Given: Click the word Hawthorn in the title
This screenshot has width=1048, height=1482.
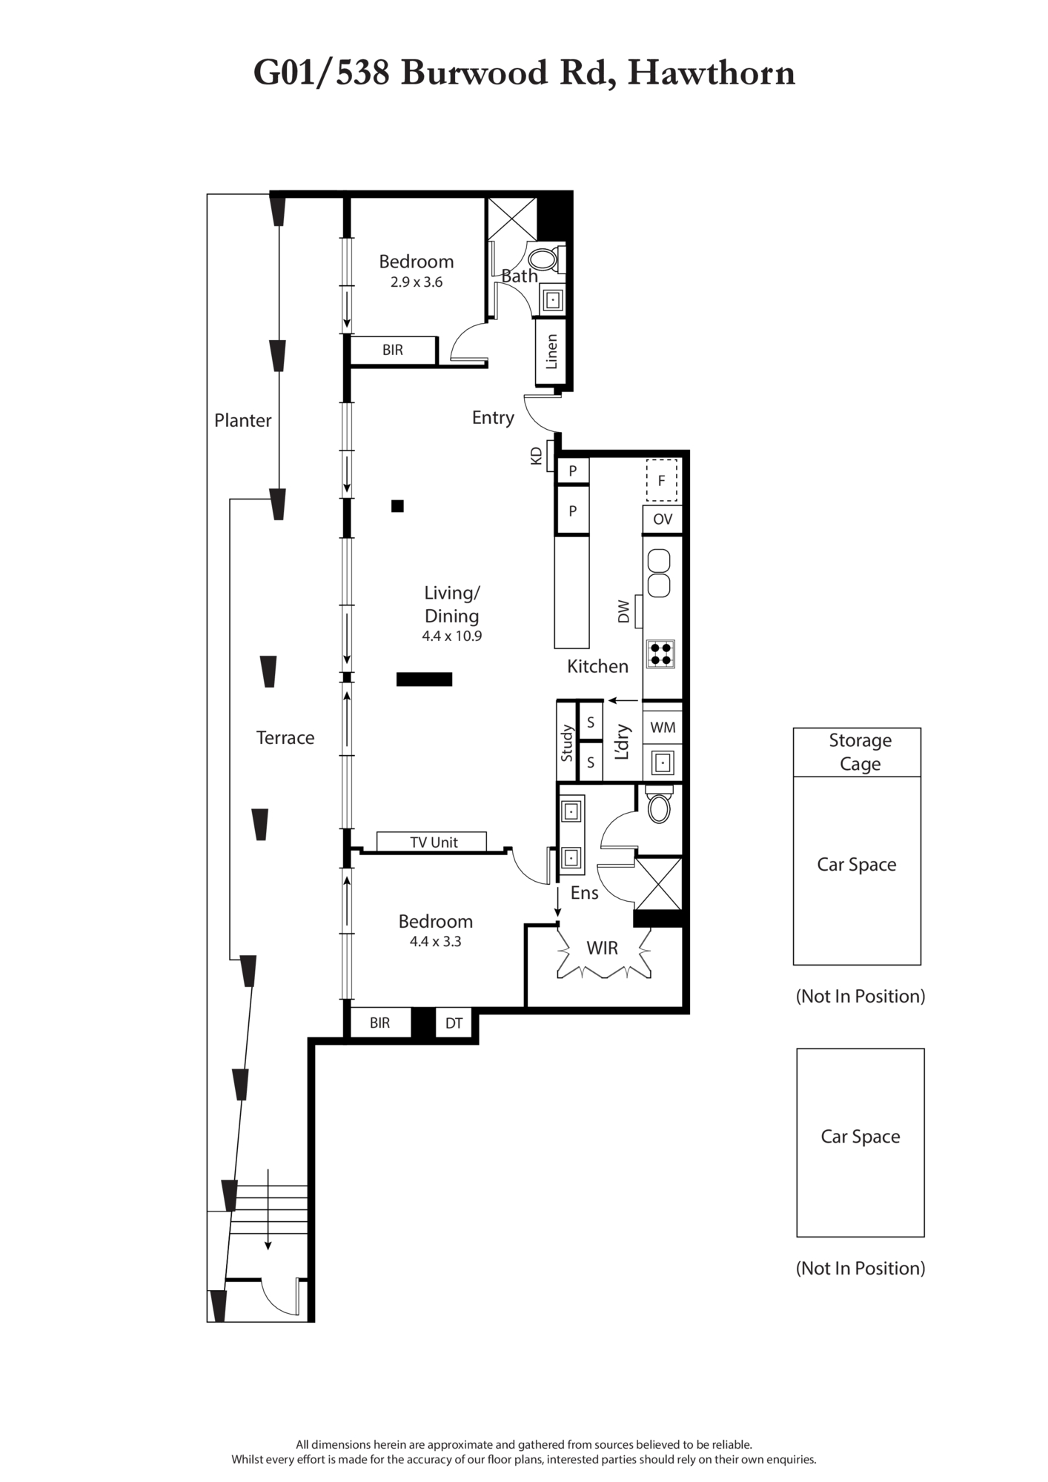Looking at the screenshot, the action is [711, 73].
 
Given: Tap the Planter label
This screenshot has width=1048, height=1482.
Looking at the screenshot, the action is [242, 420].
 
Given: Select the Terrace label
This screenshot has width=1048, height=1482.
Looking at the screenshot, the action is [285, 737].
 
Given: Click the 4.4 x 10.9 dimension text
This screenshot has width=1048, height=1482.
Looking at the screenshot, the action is [451, 636].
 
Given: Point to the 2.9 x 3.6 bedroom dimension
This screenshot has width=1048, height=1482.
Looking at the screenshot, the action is [417, 282].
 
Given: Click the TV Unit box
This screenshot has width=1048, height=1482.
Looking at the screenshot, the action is [431, 842].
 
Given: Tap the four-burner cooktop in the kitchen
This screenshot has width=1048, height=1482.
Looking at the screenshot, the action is [660, 654].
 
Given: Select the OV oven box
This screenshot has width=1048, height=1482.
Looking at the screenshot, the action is [662, 519].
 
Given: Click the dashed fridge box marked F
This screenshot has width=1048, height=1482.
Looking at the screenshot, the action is [661, 481].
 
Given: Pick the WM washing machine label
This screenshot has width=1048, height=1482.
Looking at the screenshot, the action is [663, 728].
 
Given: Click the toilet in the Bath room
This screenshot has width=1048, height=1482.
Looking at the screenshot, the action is [545, 259].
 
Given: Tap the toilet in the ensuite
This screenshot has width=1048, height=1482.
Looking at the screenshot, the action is [659, 805].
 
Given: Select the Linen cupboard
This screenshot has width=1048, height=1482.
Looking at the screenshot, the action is [551, 352].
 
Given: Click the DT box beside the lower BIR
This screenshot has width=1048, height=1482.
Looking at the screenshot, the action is [454, 1023].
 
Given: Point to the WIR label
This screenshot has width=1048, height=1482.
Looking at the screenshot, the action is [602, 948].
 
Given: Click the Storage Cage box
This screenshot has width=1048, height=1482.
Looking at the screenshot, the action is [857, 752].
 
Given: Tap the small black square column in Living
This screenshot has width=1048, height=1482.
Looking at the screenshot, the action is [398, 506].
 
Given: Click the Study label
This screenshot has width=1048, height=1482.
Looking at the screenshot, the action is [567, 743].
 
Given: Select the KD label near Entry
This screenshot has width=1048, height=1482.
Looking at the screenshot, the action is [537, 456].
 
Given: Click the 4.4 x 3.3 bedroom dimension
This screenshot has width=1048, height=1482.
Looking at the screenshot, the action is [436, 942].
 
